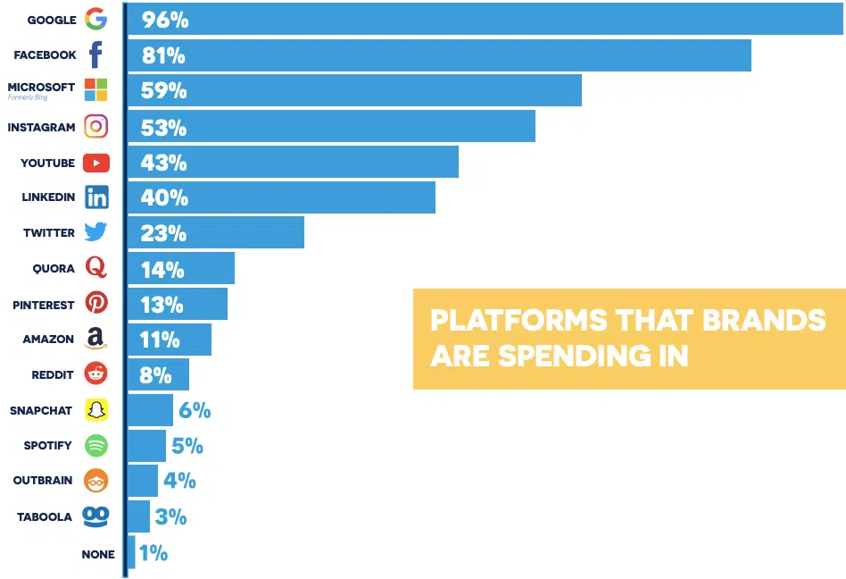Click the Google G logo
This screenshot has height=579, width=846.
point(95,19)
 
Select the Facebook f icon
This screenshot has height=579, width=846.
point(95,55)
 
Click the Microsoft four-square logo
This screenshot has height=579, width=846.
point(95,89)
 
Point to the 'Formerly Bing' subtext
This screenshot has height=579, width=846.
point(28,96)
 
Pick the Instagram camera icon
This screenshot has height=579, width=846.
point(95,126)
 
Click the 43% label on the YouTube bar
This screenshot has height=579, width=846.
point(163,163)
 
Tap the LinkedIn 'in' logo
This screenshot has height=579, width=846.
point(95,197)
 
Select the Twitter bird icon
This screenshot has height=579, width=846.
point(95,232)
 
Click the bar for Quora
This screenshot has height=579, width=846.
point(181,268)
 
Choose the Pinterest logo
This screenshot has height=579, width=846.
point(95,303)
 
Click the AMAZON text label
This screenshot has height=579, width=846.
point(48,340)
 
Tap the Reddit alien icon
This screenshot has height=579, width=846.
point(95,373)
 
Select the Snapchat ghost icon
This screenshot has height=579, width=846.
point(95,410)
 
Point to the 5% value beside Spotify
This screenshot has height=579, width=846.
point(187,446)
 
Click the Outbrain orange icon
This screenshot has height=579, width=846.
point(95,480)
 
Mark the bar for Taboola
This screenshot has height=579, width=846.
point(139,516)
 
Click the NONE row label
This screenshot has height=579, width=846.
point(98,554)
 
